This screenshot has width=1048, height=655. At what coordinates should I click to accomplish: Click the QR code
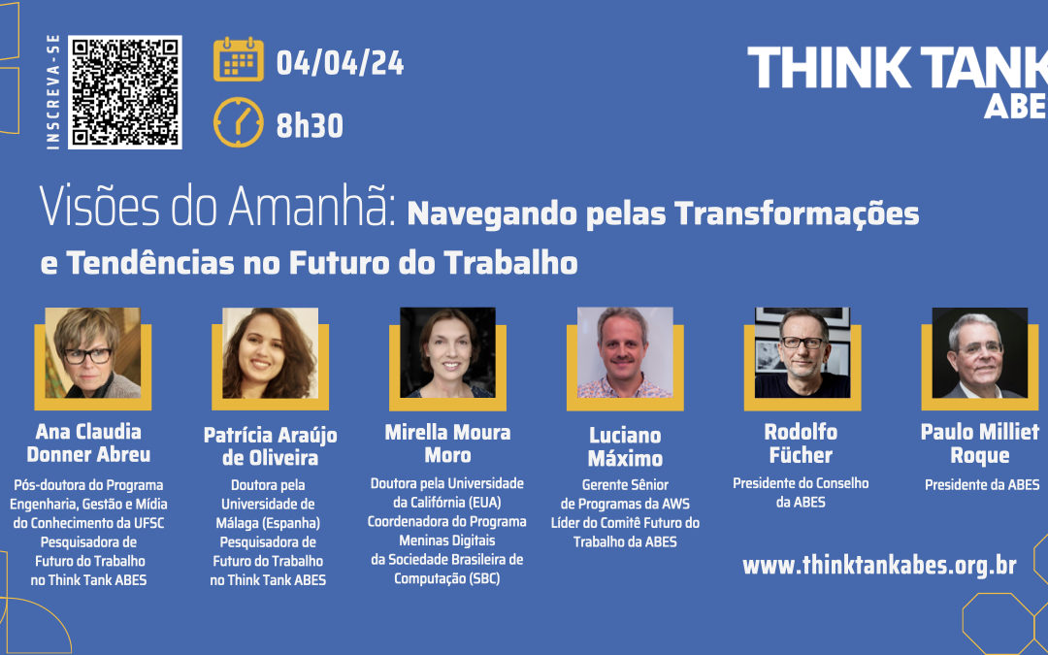(x=126, y=91)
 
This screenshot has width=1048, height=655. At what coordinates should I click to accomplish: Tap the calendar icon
(x=239, y=60)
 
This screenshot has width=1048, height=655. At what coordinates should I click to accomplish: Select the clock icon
(x=239, y=123)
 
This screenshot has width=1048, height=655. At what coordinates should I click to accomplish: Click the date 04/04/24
(x=340, y=64)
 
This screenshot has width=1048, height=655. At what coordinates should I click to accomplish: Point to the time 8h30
(x=310, y=125)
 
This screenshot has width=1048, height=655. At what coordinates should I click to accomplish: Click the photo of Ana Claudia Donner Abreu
(x=92, y=353)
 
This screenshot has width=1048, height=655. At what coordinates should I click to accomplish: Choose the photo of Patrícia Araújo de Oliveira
(x=269, y=353)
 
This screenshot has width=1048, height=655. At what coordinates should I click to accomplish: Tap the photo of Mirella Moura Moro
(x=447, y=353)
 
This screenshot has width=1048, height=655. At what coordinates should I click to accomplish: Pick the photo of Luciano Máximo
(x=625, y=353)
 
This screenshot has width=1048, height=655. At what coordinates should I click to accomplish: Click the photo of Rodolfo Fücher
(x=802, y=353)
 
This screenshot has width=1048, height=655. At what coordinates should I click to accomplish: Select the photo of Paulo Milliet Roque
(x=979, y=353)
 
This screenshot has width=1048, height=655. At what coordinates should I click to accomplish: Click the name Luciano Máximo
(x=625, y=446)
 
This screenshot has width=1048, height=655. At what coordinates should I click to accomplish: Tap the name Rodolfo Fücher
(x=801, y=442)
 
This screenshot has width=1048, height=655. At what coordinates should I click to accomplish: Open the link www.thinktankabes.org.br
(x=879, y=566)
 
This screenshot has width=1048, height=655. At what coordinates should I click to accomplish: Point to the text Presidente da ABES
(x=981, y=484)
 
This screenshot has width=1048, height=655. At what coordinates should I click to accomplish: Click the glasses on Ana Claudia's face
(x=87, y=355)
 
